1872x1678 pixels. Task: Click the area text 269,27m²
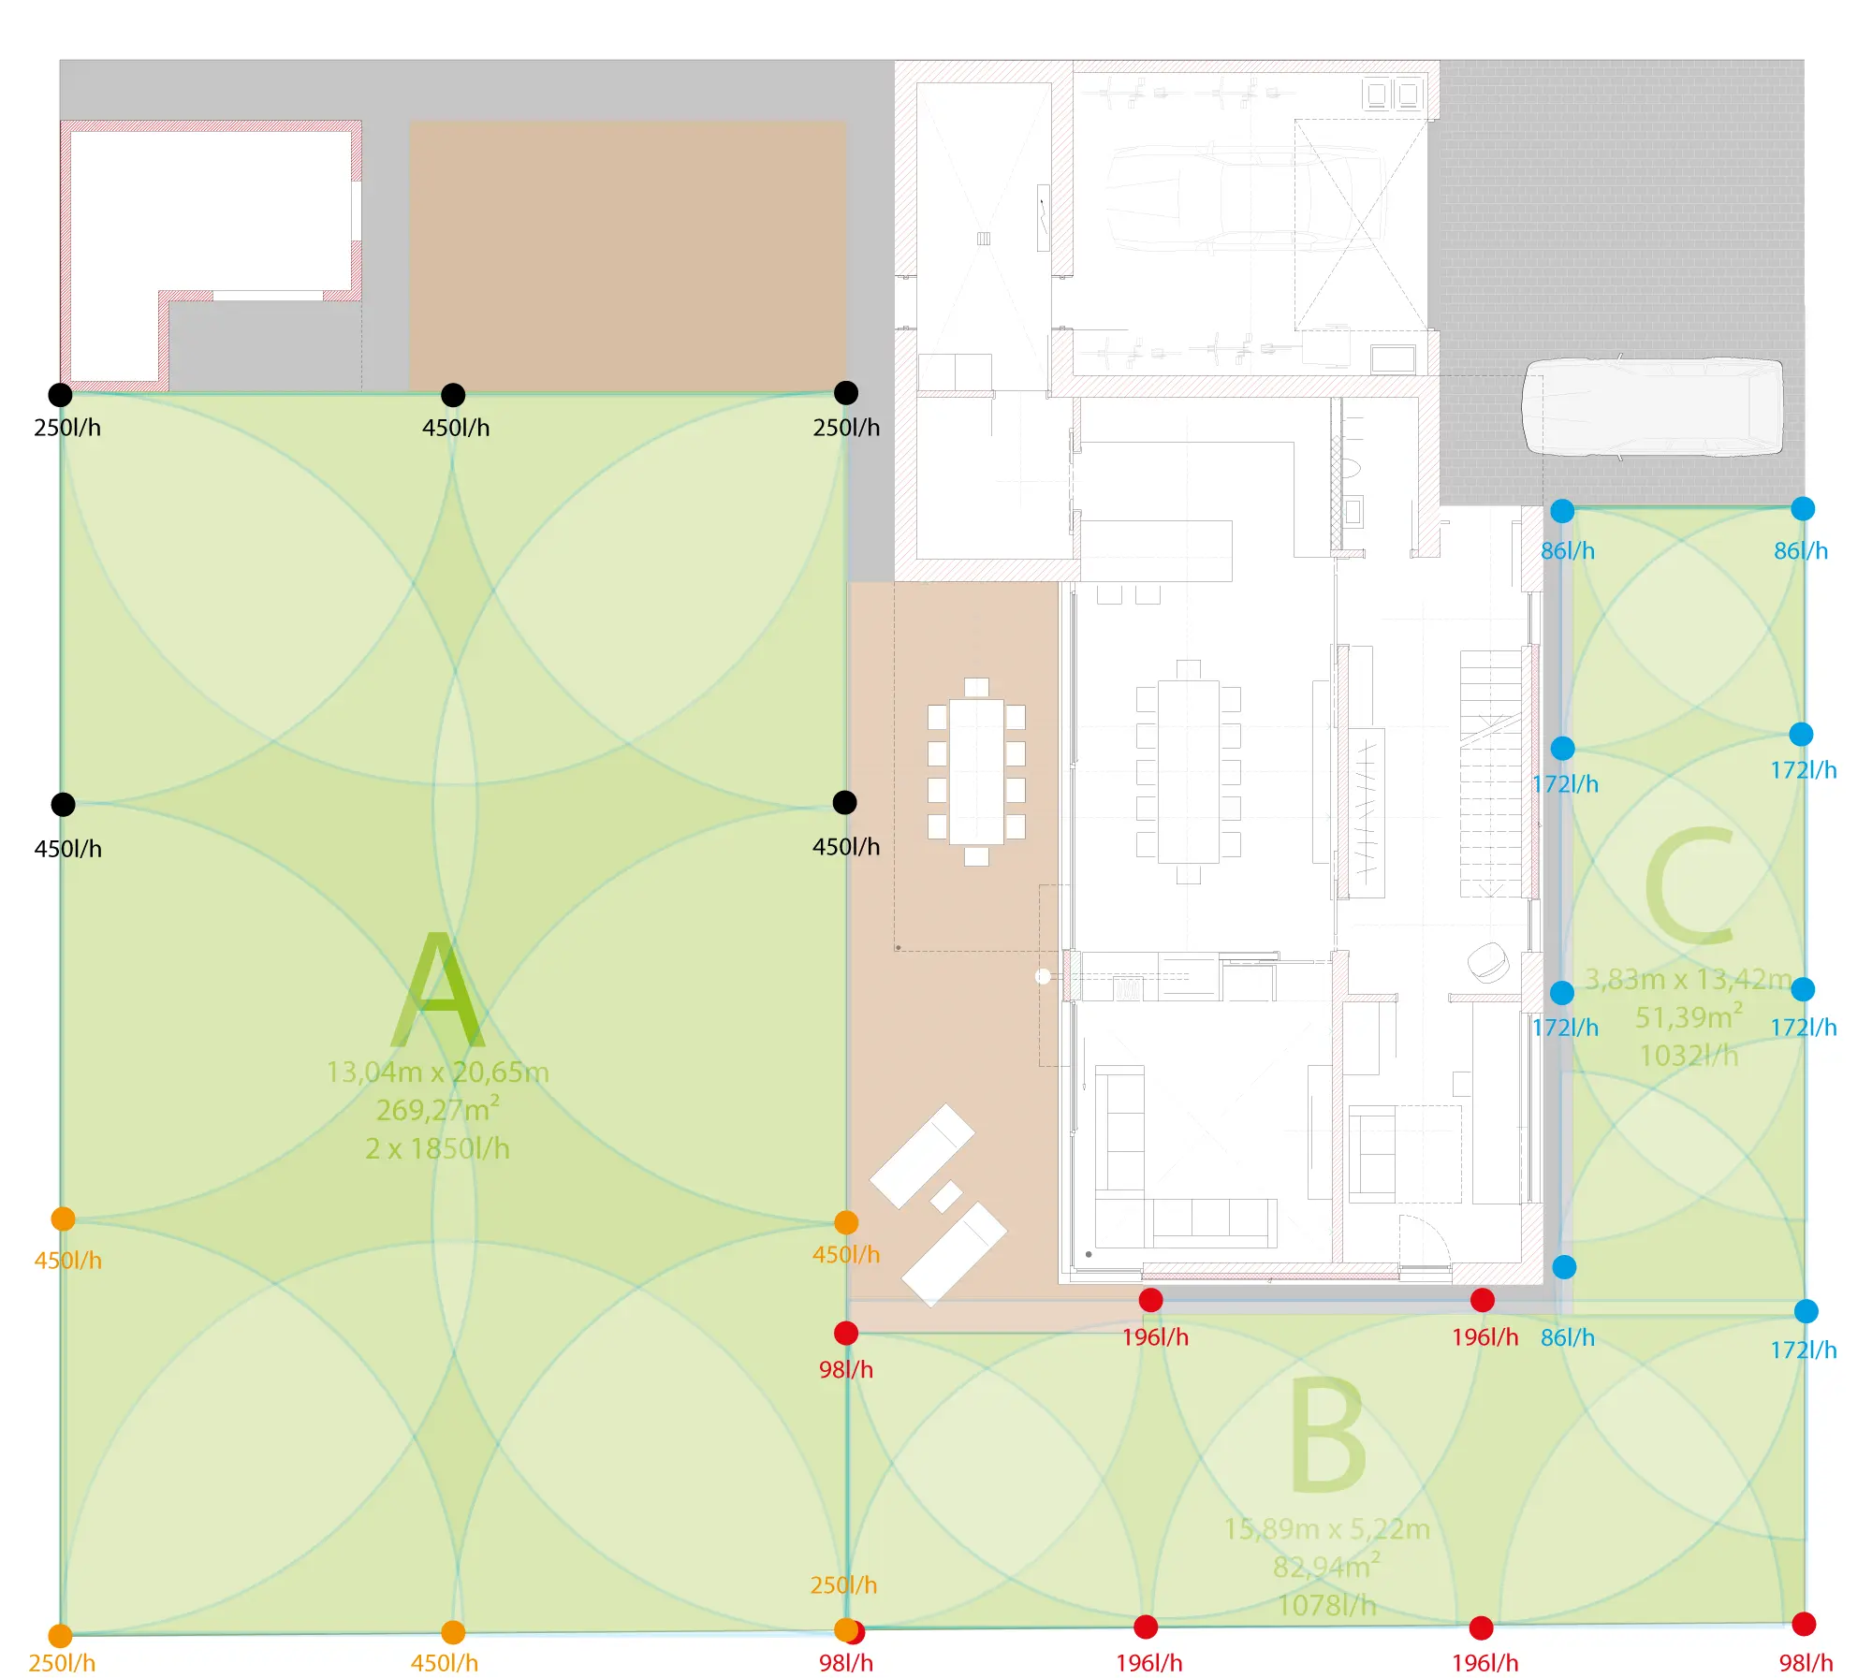coord(437,1109)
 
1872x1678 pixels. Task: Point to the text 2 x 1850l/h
coord(437,1148)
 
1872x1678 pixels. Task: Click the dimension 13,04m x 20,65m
coord(437,1072)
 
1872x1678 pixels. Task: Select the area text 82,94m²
coord(1326,1566)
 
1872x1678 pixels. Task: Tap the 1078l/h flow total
coord(1326,1605)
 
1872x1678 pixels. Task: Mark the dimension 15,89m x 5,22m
coord(1326,1528)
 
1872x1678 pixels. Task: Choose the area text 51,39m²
coord(1689,1016)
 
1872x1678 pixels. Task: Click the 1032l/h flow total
coord(1689,1056)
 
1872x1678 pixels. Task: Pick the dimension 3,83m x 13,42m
coord(1689,979)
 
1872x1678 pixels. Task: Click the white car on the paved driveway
coord(1652,407)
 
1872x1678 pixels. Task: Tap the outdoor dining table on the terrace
coord(976,772)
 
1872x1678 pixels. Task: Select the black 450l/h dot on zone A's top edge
coord(453,395)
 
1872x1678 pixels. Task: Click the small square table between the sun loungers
coord(945,1196)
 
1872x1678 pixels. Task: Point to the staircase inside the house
coord(1492,774)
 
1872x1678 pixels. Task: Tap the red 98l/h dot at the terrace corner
coord(846,1334)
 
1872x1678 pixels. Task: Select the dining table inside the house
coord(1188,772)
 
